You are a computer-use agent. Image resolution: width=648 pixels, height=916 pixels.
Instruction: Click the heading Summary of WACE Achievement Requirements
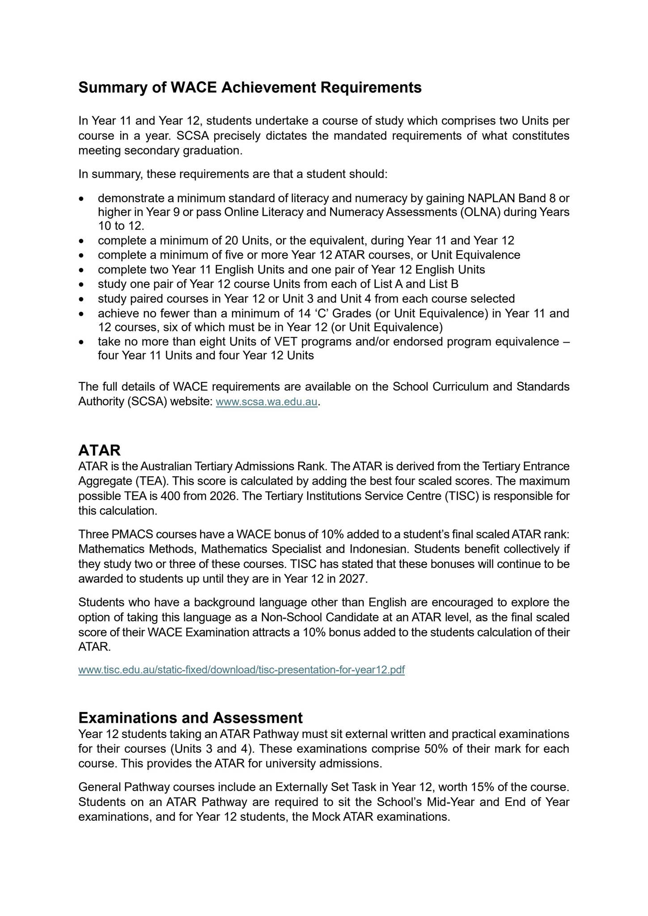pyautogui.click(x=250, y=88)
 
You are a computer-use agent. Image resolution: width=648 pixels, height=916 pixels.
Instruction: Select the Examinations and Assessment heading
pyautogui.click(x=191, y=717)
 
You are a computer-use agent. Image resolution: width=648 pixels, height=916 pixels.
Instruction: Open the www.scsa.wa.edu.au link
pyautogui.click(x=267, y=402)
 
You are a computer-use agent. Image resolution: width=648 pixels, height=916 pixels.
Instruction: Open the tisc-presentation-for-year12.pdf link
pyautogui.click(x=241, y=670)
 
